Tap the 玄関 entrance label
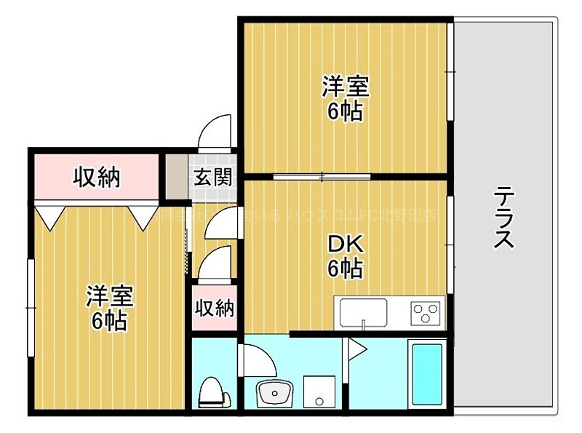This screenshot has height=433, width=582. pos(212,177)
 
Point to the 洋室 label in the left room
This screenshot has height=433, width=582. pos(109,296)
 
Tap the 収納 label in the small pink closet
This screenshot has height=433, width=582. pos(215,309)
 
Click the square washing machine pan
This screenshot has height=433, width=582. pos(318,392)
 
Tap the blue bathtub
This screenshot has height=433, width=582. pos(427,373)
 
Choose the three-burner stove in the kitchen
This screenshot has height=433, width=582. pos(426,314)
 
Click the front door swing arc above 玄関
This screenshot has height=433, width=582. pos(216,131)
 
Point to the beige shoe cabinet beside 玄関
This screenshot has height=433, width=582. pos(175,177)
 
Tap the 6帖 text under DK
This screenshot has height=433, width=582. pos(345,269)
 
